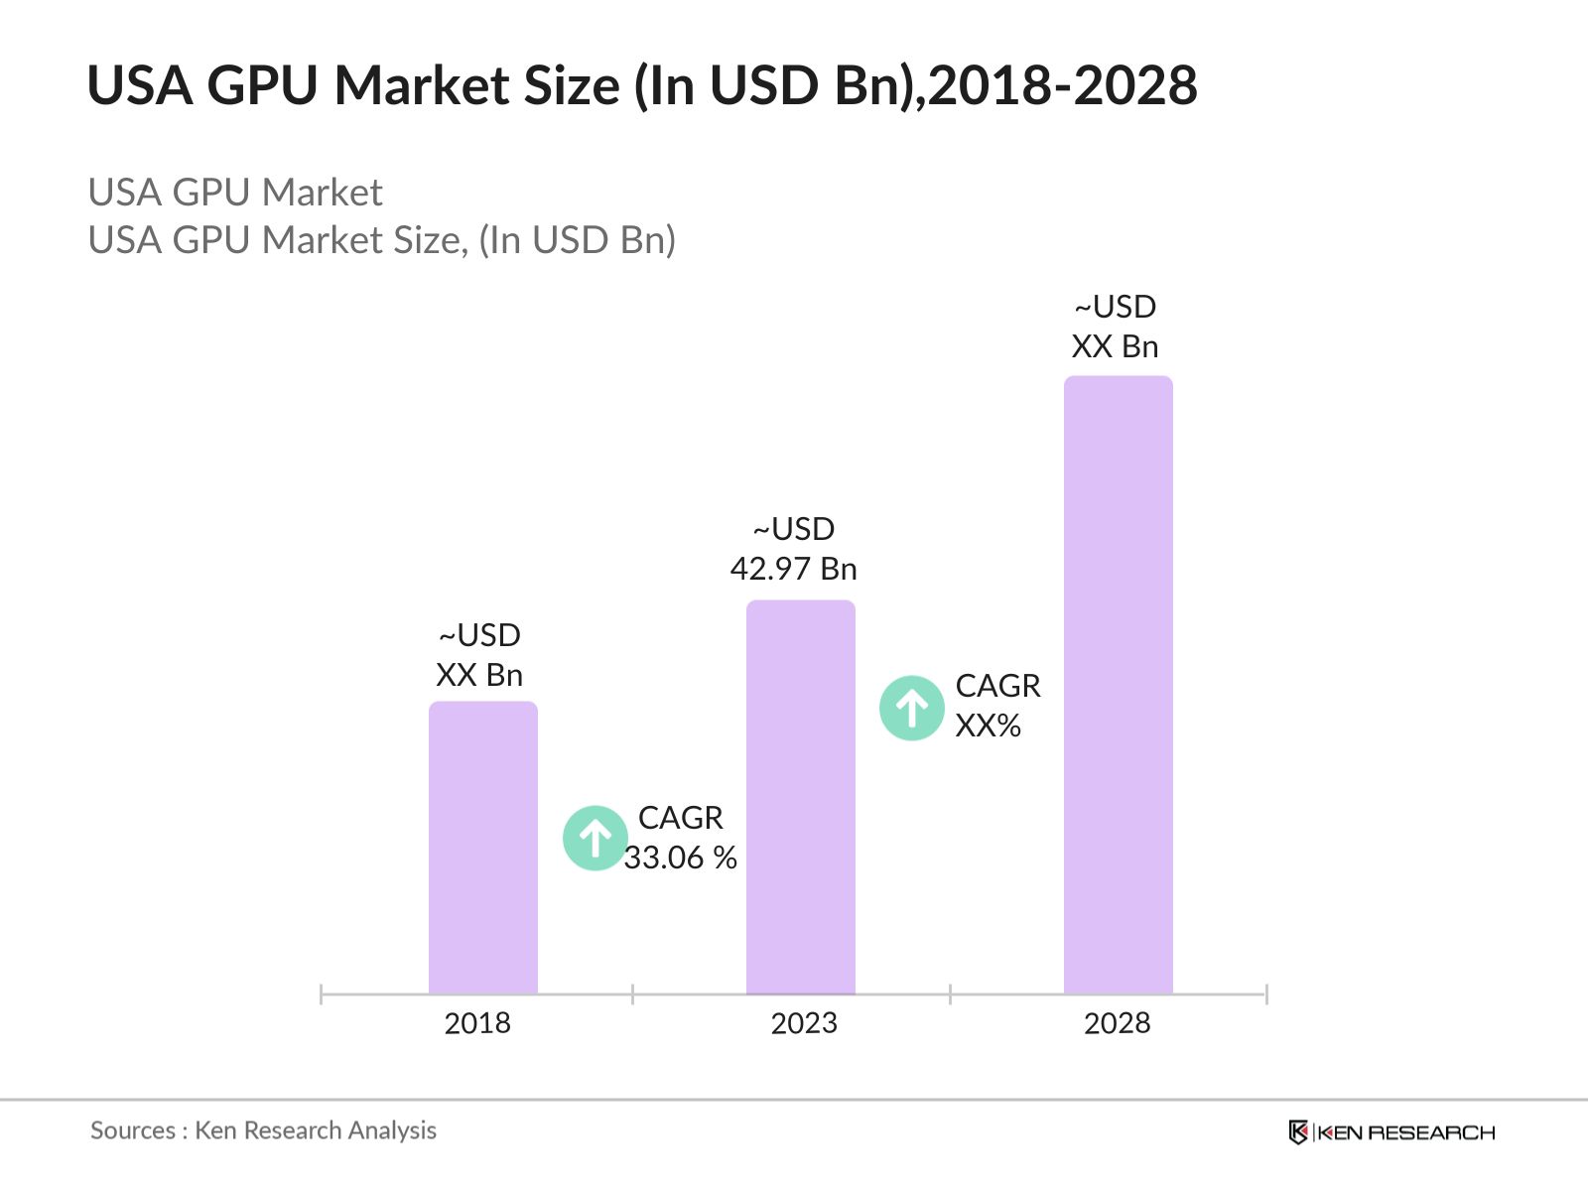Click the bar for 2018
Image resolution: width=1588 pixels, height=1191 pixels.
pos(483,848)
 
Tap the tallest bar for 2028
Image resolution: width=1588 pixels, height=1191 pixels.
pos(1119,685)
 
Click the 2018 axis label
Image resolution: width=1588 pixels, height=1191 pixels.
pos(477,1023)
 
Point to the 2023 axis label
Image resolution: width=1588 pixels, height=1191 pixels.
pos(804,1023)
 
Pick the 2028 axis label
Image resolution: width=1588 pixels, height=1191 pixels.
pos(1117,1023)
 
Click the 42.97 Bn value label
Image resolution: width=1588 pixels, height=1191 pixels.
pos(793,569)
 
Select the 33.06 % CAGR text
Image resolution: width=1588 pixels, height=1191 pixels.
pos(681,858)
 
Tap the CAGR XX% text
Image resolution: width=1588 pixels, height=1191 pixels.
pos(997,706)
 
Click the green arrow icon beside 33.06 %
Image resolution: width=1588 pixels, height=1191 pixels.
pos(595,839)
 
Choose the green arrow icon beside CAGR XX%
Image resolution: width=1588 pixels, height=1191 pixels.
pos(912,709)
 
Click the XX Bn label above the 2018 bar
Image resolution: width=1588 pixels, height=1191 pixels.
pos(479,675)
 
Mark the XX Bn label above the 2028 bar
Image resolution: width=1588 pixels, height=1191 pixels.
pos(1115,346)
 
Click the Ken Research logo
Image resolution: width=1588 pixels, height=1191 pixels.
pos(1391,1132)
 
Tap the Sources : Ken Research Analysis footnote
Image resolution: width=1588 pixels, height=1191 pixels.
pos(263,1130)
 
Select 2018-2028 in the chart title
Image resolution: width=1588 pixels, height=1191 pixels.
pos(1063,85)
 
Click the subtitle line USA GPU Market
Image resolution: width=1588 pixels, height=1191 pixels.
pos(235,193)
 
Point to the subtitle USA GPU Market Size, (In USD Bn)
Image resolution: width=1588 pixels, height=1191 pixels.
pos(382,240)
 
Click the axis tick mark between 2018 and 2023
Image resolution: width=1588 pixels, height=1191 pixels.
pos(632,993)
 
